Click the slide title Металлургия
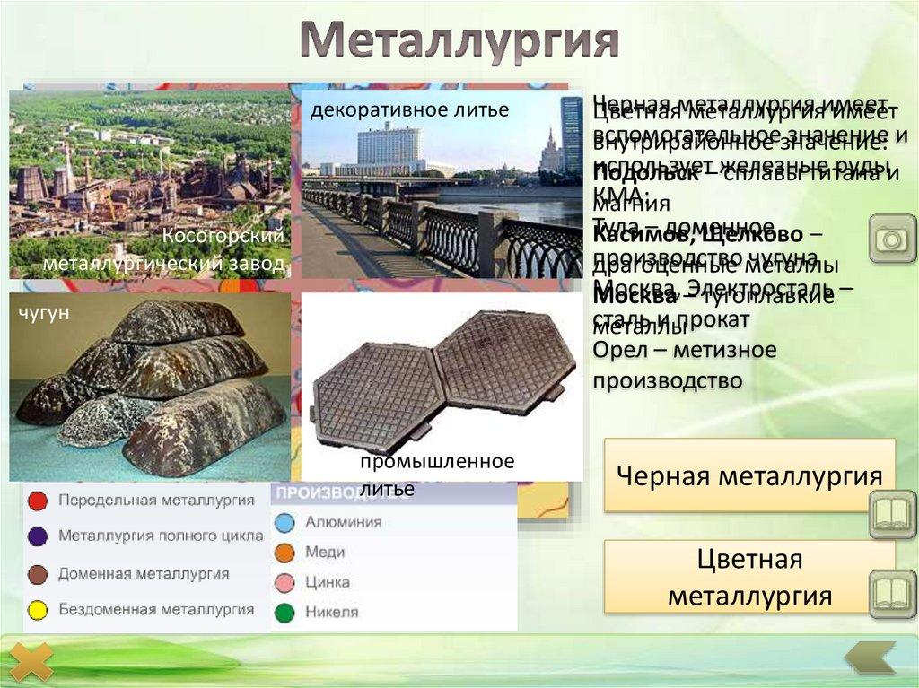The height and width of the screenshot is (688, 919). pos(459,40)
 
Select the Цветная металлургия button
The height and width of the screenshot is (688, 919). pos(749,578)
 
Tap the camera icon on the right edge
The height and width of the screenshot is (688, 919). pos(892,239)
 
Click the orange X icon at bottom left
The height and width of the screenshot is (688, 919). pos(32,663)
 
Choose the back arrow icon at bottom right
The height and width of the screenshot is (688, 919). pos(870,658)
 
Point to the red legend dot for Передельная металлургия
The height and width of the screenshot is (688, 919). pos(38,501)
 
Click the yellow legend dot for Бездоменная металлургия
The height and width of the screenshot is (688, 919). pos(38,610)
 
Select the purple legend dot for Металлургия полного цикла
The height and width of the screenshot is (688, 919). pos(38,536)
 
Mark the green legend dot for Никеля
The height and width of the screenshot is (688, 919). pos(284,613)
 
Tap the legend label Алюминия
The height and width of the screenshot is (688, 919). pos(343,522)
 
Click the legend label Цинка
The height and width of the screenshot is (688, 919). pos(328,582)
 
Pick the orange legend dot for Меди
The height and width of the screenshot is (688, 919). pos(284,553)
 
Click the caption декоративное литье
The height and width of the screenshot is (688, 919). pos(410,110)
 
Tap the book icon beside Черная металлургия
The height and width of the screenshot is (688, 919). pos(892,513)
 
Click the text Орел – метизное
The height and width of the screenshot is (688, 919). pos(685,350)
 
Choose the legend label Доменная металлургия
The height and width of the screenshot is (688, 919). pos(144,573)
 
